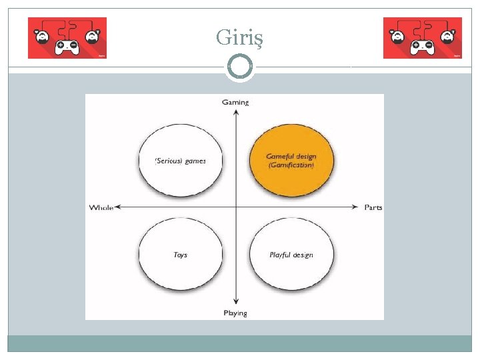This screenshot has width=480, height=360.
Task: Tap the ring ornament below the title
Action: [x=239, y=67]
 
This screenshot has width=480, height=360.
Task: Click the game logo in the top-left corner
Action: [x=67, y=38]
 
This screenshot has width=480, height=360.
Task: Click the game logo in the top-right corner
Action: [x=423, y=38]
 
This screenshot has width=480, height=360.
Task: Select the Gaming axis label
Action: [x=235, y=102]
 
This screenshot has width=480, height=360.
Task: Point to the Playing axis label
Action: [x=235, y=313]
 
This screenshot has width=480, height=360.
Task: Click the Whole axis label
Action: [x=101, y=208]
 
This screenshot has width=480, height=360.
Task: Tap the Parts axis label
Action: [x=373, y=208]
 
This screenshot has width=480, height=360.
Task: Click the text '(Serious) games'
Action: [x=181, y=161]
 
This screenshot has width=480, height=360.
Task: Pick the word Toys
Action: [x=181, y=255]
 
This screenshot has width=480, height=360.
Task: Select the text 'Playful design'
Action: [x=291, y=255]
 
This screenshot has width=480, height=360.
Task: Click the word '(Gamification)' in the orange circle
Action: [x=291, y=165]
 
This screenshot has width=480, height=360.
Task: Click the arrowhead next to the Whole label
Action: [x=118, y=208]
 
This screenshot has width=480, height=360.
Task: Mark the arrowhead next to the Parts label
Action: [x=358, y=208]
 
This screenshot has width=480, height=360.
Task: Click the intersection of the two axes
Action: [x=235, y=208]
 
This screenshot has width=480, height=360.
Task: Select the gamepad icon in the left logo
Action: [x=67, y=47]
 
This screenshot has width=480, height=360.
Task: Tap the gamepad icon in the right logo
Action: [x=422, y=47]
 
